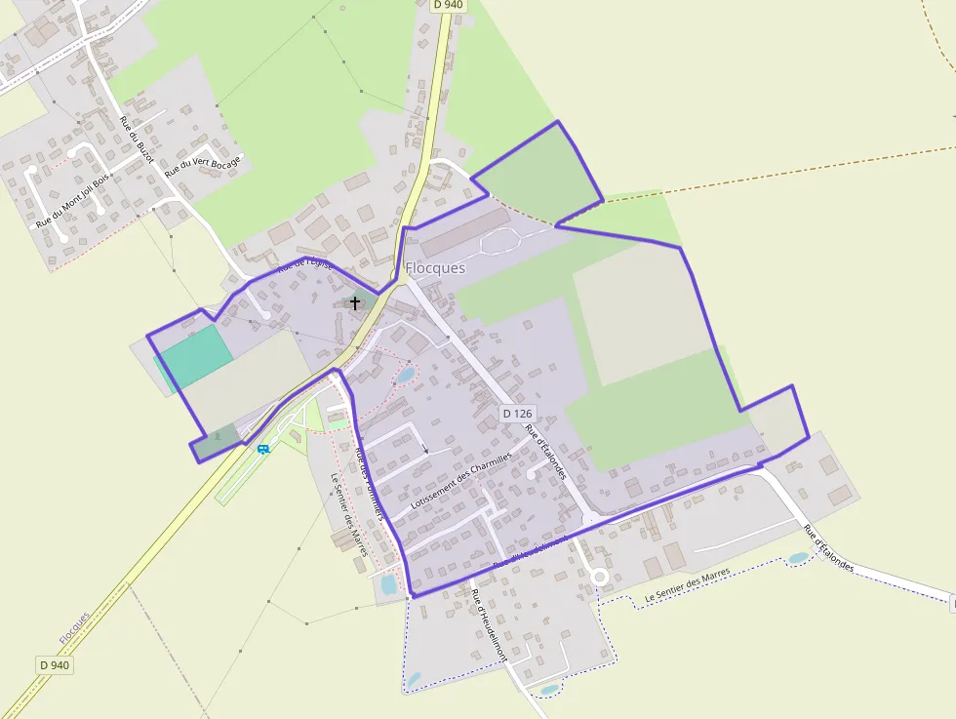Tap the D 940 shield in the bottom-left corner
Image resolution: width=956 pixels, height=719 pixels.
(x=55, y=664)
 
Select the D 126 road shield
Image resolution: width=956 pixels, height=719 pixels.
(x=518, y=414)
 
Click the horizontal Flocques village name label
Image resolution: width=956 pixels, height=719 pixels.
(x=435, y=267)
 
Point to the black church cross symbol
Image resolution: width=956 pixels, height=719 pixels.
(x=355, y=303)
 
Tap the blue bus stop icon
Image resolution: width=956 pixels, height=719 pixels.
(x=263, y=449)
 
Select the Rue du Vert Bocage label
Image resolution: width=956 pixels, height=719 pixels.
(x=202, y=166)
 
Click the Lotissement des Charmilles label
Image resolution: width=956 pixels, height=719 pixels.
(x=461, y=481)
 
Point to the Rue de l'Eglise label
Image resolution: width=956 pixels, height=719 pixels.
(x=304, y=265)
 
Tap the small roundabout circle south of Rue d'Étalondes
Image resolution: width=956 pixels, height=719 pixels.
(x=599, y=578)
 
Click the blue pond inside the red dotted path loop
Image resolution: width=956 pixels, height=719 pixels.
(x=404, y=375)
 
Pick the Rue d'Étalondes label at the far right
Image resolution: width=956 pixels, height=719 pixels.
(x=829, y=548)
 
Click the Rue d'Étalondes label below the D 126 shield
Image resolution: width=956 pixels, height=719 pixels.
(x=545, y=452)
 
